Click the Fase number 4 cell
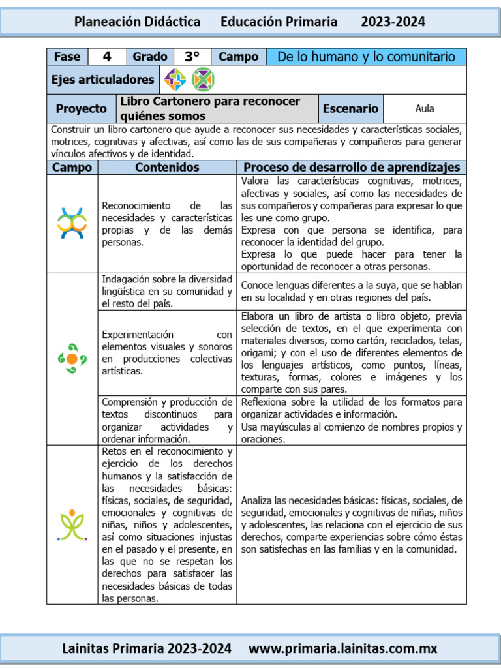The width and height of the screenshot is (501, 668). coord(106,57)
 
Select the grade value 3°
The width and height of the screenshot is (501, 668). coord(192,57)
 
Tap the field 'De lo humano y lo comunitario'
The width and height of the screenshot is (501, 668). coord(366,57)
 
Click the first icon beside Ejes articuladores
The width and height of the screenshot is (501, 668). coord(175,80)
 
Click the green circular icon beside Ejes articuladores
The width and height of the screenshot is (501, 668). coord(203,80)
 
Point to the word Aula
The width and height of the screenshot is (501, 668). coord(425,109)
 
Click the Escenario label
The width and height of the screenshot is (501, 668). coord(350,109)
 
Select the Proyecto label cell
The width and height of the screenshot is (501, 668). coord(81,109)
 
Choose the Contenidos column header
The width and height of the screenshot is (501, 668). coord(167,168)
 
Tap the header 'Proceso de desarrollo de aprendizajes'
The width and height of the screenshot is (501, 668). coord(352,168)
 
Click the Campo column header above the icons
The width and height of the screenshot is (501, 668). coord(72,168)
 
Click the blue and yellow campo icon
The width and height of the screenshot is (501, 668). coord(72,223)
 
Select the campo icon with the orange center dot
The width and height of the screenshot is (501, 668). coord(72,358)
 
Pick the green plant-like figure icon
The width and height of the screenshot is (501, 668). coord(72,524)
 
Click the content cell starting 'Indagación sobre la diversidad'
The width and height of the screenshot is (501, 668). coord(167,292)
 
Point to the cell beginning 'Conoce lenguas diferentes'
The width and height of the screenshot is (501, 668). coord(352,292)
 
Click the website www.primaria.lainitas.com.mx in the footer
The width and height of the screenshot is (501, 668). coord(343,648)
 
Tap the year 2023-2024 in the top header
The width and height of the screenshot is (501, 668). coord(393,22)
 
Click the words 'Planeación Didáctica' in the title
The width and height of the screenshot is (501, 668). coord(137,22)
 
